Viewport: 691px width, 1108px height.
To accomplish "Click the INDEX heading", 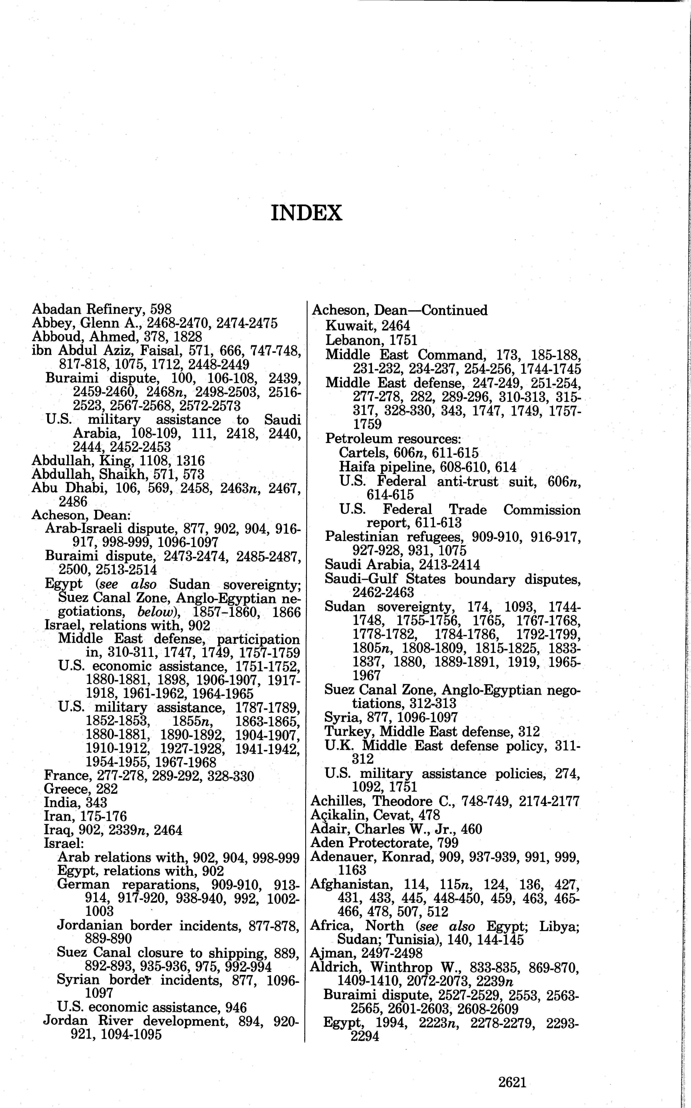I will [x=306, y=213].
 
